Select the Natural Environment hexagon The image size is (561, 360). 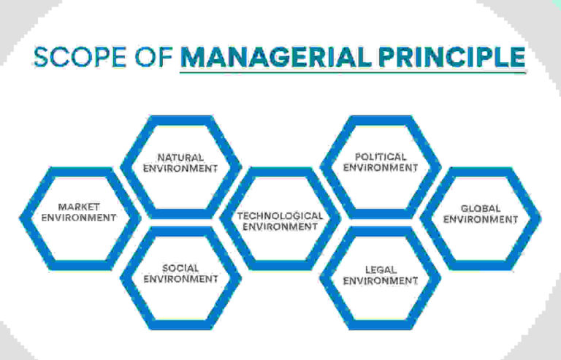tap(180, 163)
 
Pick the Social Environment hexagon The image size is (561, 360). tap(180, 273)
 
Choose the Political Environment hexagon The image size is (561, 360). tap(380, 162)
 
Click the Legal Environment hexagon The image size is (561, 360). tap(380, 275)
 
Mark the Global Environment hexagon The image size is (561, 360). tap(481, 213)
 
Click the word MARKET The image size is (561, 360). tap(79, 207)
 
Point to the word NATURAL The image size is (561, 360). tap(180, 157)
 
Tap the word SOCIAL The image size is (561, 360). tap(180, 268)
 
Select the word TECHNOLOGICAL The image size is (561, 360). tap(280, 216)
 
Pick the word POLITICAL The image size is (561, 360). tap(381, 157)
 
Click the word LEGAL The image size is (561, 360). tap(381, 270)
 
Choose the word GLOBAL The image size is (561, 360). tap(481, 208)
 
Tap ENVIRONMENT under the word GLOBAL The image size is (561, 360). tap(481, 219)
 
